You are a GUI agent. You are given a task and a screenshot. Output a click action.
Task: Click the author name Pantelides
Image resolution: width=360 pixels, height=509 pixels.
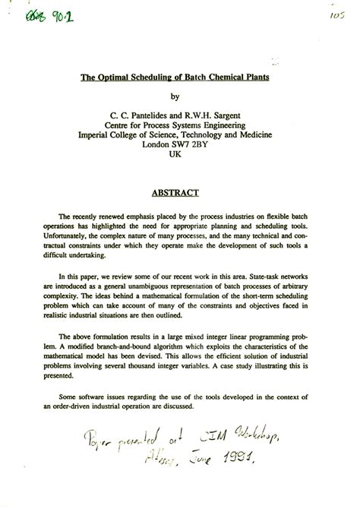[153, 113]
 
